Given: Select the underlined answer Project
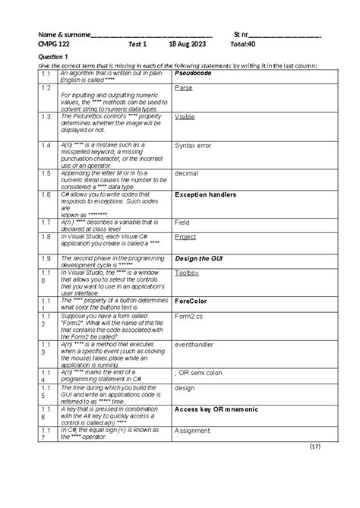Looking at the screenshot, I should point(185,237).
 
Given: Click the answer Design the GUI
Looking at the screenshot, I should point(202,259).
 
